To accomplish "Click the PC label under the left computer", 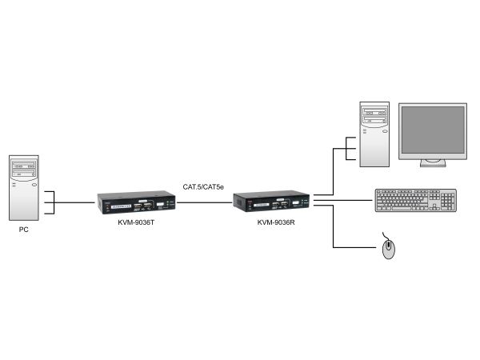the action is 23,230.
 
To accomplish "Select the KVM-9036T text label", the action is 136,222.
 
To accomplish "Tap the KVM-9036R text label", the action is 276,222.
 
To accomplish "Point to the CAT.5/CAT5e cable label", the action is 203,186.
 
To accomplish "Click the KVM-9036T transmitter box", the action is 136,202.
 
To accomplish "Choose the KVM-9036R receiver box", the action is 271,202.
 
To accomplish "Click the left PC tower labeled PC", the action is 24,188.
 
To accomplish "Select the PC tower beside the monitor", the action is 374,134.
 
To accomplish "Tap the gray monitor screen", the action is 433,130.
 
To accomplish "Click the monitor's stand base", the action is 433,164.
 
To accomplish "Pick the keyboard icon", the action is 416,201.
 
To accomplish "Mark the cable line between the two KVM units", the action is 204,202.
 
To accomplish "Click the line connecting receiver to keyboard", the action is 343,201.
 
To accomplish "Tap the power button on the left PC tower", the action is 34,185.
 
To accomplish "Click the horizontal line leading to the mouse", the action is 354,247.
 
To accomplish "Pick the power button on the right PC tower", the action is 385,131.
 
